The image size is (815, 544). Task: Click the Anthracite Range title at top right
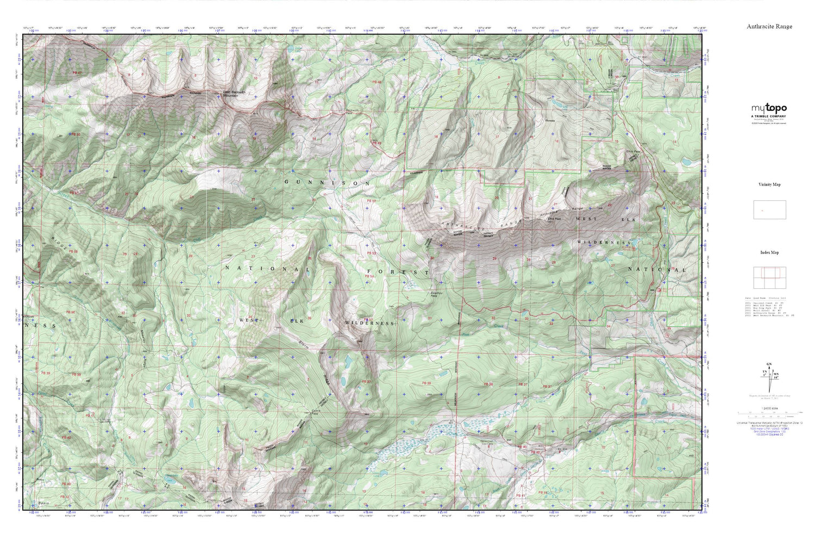pos(769,26)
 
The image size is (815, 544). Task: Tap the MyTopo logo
pos(769,109)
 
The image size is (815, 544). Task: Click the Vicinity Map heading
pos(769,184)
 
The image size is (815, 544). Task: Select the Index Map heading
pos(769,252)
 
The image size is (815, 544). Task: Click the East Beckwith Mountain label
pos(237,94)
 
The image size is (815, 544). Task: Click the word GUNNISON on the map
pos(327,183)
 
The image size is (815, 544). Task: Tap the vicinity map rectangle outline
pos(769,210)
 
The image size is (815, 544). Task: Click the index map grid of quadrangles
pos(769,278)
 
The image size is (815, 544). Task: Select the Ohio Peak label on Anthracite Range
pos(554,219)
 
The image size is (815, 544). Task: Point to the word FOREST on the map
pos(398,271)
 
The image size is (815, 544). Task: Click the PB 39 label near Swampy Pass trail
pos(427,384)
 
